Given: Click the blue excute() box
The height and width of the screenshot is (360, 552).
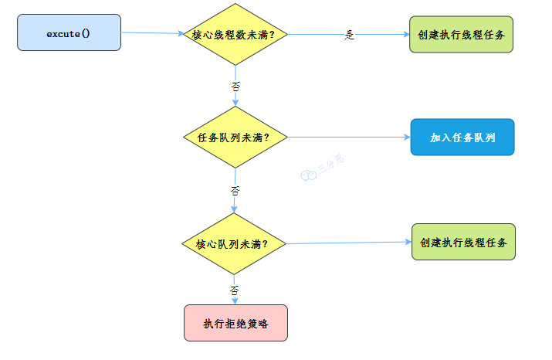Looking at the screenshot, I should (x=69, y=32).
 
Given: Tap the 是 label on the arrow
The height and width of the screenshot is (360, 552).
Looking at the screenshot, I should (x=349, y=35).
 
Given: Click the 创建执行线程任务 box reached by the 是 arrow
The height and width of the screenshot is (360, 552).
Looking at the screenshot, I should (x=462, y=36).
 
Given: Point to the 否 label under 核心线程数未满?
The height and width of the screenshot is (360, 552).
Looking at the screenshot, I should (x=235, y=84).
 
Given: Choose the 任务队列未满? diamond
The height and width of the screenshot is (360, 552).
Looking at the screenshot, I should (x=235, y=138).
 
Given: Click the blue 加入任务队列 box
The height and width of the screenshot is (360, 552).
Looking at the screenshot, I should (x=462, y=138).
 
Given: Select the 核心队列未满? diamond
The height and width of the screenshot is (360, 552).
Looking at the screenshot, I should (x=234, y=243).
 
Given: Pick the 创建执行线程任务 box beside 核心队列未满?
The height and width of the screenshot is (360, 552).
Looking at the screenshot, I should (x=463, y=242).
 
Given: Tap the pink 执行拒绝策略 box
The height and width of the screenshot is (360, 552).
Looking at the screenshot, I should (x=235, y=323).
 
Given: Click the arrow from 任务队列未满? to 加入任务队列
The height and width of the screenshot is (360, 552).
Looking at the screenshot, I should (x=347, y=138).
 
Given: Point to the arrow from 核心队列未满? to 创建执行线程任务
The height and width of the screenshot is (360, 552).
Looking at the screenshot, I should (x=347, y=243).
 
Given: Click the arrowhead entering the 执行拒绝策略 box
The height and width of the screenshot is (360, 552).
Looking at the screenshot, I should (x=235, y=301).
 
